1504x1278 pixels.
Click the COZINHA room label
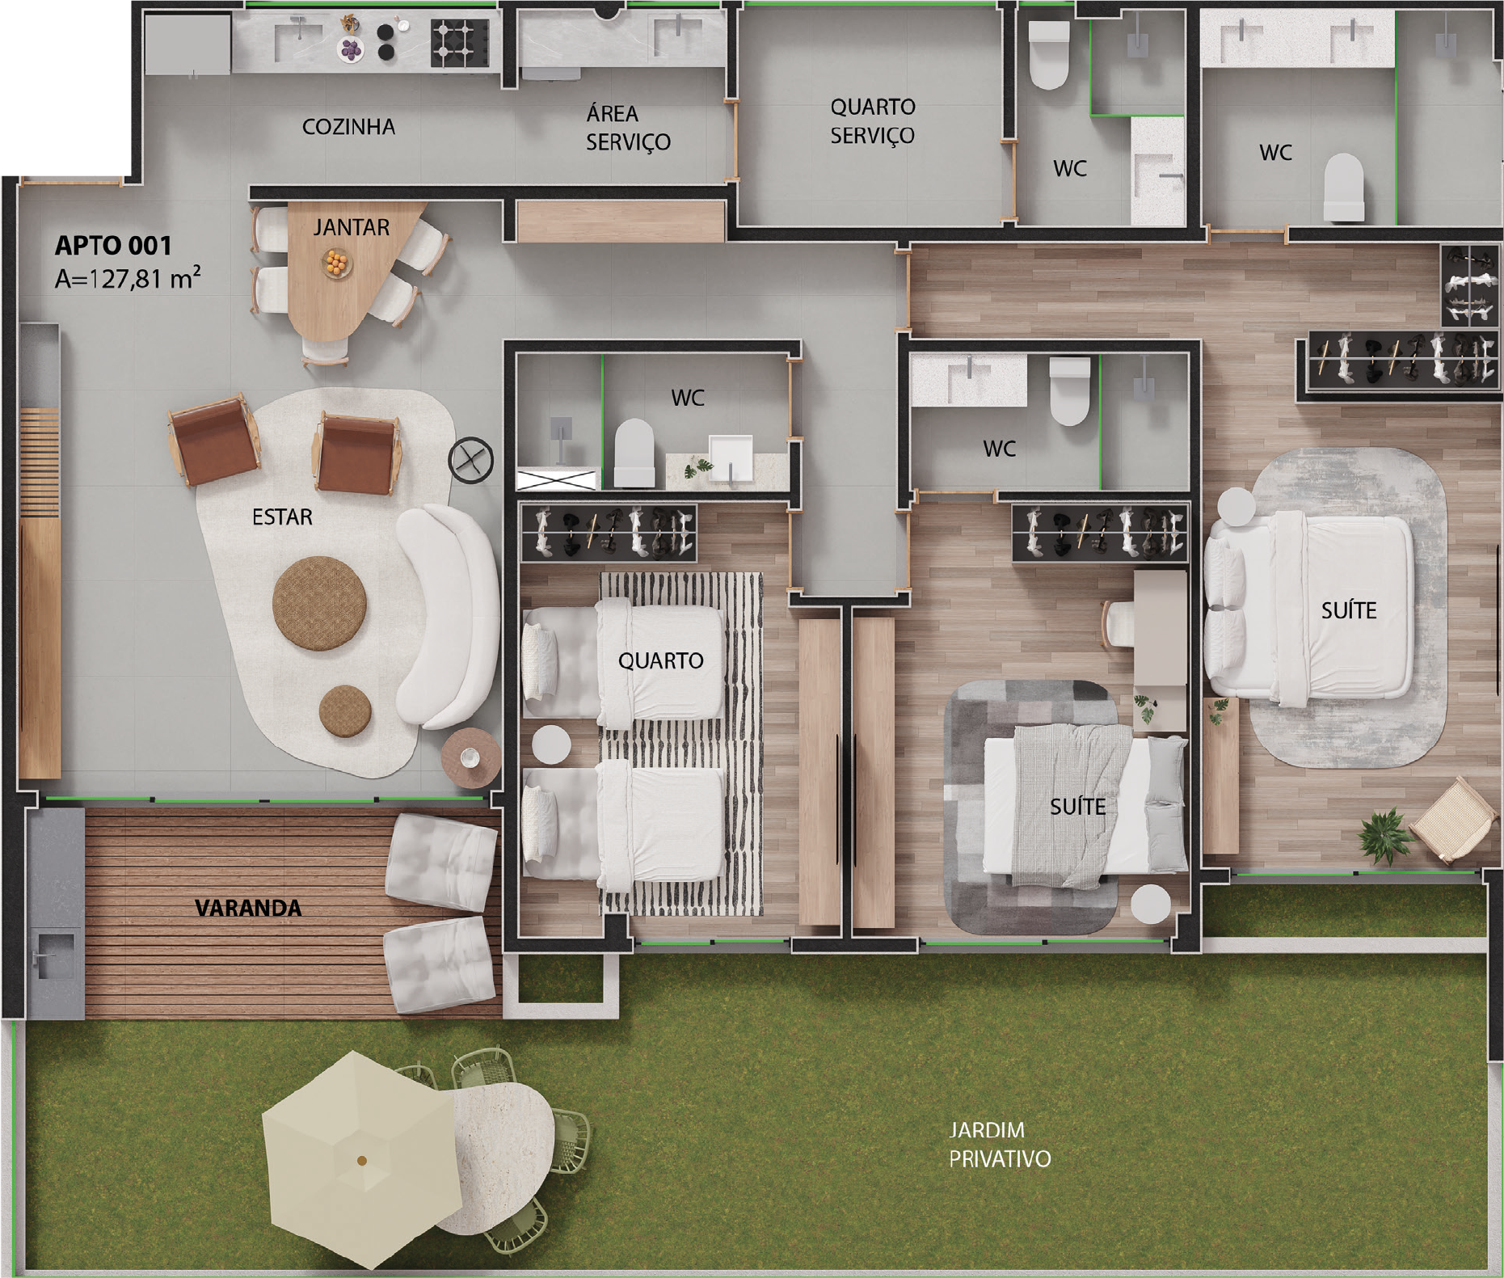[x=348, y=127]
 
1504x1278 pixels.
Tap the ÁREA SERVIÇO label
[x=628, y=128]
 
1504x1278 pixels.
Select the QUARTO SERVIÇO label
[x=872, y=120]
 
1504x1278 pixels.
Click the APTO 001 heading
[x=113, y=245]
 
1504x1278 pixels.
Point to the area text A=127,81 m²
[x=128, y=279]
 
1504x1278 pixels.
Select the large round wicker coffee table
[x=320, y=601]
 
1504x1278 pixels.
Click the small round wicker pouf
[x=346, y=710]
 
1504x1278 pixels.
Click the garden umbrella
[x=361, y=1160]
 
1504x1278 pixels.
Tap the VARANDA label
[x=248, y=909]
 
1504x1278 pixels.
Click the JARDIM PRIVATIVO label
[x=1000, y=1144]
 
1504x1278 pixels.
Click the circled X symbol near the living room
[x=471, y=461]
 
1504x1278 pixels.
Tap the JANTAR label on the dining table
[x=352, y=228]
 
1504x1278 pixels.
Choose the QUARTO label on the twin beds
[x=660, y=661]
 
